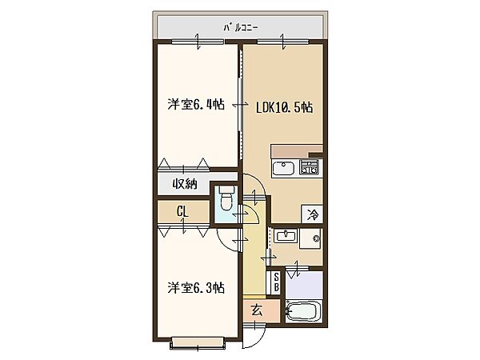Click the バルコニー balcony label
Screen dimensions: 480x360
coord(241,28)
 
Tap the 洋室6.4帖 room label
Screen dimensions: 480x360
coord(196,104)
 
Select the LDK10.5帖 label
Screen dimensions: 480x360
coord(284,108)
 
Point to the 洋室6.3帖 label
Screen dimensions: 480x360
coord(196,288)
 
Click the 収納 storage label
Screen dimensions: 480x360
coord(186,184)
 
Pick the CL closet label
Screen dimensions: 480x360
coord(182,211)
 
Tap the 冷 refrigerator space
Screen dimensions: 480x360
coord(313,214)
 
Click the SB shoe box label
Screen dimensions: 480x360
coord(277,282)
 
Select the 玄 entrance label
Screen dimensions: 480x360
coord(257,311)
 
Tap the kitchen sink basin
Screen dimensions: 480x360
coord(283,168)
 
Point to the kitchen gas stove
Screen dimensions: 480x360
coord(309,167)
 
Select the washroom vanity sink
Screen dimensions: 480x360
coord(286,236)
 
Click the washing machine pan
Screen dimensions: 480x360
coord(310,238)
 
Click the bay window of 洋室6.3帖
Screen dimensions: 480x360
coord(198,343)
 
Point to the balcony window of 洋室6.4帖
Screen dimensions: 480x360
coord(198,42)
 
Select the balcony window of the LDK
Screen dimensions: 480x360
coord(283,42)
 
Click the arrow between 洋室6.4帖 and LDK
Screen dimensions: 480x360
coord(241,106)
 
